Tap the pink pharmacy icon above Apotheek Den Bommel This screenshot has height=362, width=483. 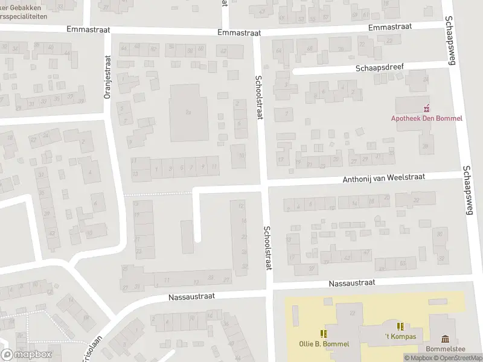click(427, 108)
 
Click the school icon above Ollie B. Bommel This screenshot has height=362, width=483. click(324, 333)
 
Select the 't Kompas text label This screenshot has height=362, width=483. click(400, 336)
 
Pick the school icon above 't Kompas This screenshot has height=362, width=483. click(400, 326)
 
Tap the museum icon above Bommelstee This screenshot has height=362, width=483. click(446, 338)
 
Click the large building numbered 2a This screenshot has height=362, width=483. click(188, 112)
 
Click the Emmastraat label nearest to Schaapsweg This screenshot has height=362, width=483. click(389, 27)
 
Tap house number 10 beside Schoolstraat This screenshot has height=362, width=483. click(241, 156)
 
